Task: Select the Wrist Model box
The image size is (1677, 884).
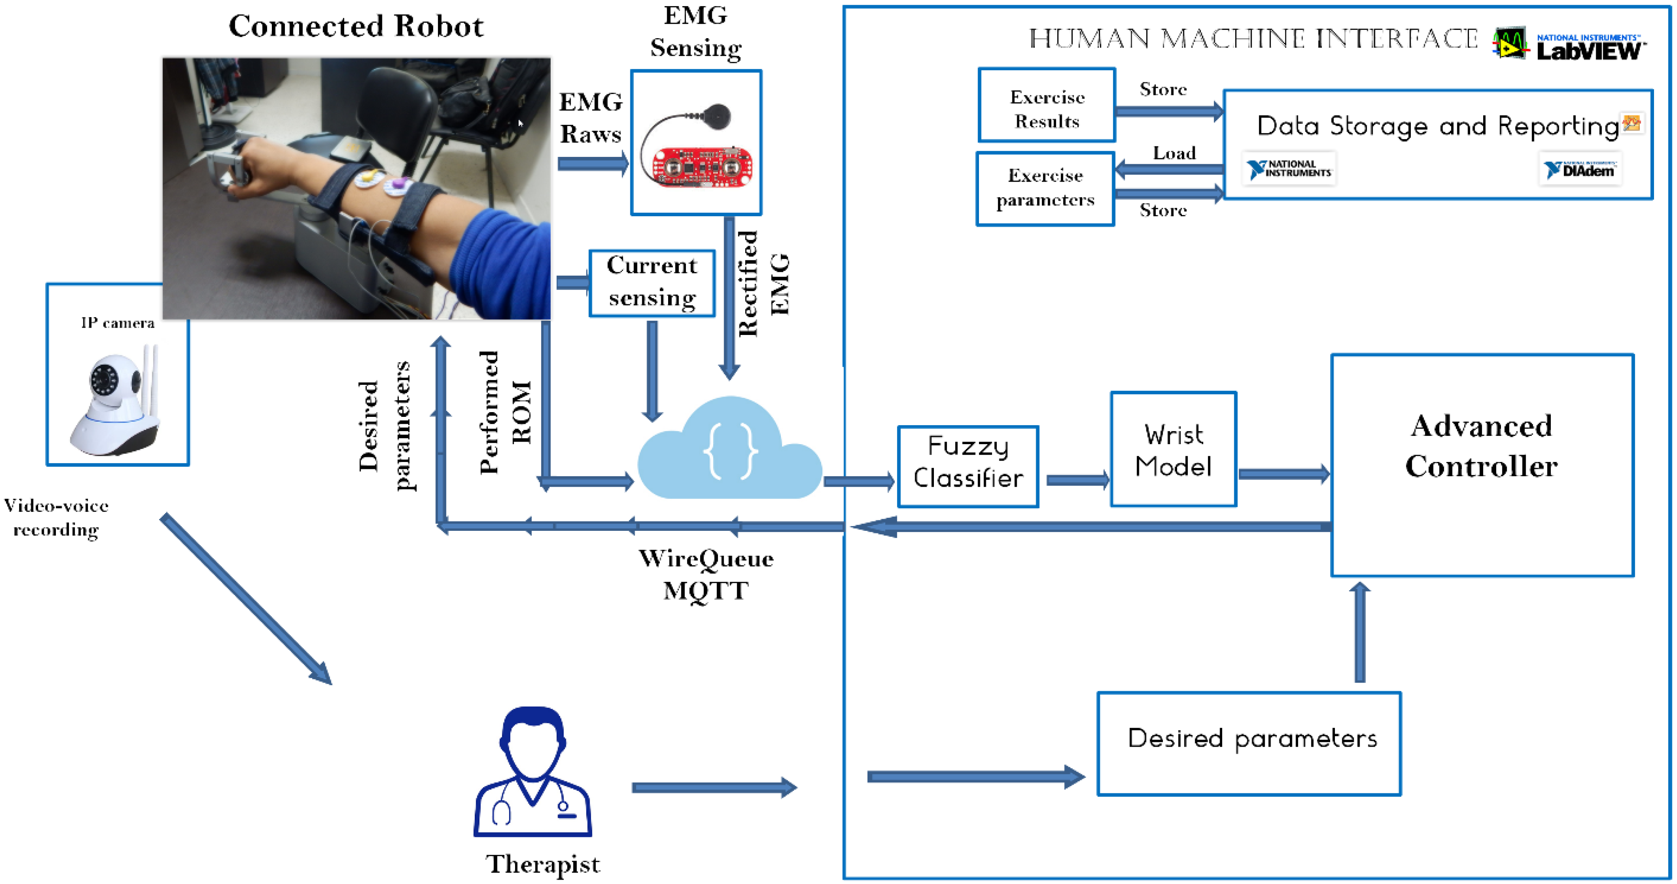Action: [x=1173, y=449]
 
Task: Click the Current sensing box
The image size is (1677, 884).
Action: [x=652, y=283]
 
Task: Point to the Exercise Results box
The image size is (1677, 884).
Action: [x=1046, y=105]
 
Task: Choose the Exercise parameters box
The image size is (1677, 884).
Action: [x=1045, y=188]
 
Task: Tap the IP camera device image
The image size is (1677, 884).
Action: [x=116, y=403]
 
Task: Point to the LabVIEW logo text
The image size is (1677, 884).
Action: [x=1589, y=51]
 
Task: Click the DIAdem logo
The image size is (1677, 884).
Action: [x=1579, y=170]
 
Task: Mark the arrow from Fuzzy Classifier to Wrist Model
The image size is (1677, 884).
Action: [x=1077, y=481]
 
